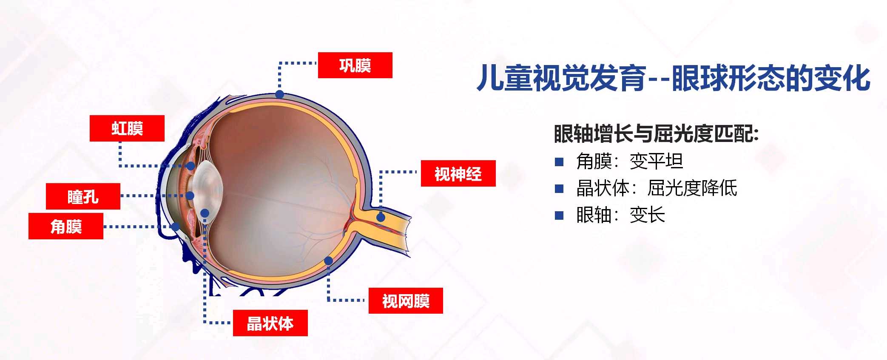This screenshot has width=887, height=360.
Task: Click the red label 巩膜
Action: pyautogui.click(x=355, y=65)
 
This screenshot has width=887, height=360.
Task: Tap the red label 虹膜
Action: pyautogui.click(x=127, y=128)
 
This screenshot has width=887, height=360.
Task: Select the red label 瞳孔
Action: pyautogui.click(x=83, y=196)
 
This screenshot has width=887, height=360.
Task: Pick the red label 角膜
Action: pyautogui.click(x=66, y=226)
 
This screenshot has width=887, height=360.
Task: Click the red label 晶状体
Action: pyautogui.click(x=270, y=323)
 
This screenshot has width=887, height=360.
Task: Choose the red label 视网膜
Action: pyautogui.click(x=406, y=300)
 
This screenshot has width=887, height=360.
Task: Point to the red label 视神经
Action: pyautogui.click(x=458, y=173)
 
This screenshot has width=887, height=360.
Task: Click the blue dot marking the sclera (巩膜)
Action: pyautogui.click(x=279, y=94)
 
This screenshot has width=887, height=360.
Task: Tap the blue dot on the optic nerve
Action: pyautogui.click(x=381, y=217)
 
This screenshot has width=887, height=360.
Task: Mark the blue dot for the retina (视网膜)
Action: pyautogui.click(x=329, y=261)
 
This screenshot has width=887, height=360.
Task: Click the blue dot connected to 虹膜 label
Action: pyautogui.click(x=191, y=166)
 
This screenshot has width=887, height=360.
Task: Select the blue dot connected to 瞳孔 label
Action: pyautogui.click(x=190, y=196)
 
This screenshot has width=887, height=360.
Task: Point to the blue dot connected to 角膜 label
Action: pyautogui.click(x=175, y=227)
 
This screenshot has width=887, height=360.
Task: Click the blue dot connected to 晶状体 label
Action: pyautogui.click(x=205, y=213)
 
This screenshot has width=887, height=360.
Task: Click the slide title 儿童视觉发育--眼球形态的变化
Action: pyautogui.click(x=673, y=78)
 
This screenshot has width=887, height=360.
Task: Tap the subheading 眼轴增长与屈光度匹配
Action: pyautogui.click(x=656, y=133)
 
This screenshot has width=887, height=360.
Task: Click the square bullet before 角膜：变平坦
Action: pyautogui.click(x=559, y=162)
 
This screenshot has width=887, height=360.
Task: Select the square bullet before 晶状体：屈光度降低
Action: pyautogui.click(x=559, y=188)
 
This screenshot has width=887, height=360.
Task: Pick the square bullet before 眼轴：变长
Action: pyautogui.click(x=559, y=215)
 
